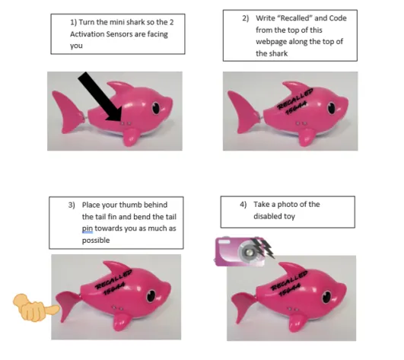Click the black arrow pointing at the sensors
[x=100, y=97]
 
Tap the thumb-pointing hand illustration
[x=36, y=307]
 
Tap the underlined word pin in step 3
[x=87, y=229]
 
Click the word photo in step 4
[x=287, y=205]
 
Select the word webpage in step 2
[x=271, y=42]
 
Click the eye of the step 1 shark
[x=156, y=108]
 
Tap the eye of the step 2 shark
[x=332, y=108]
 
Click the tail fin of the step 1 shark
[x=68, y=111]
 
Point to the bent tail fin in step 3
[x=68, y=304]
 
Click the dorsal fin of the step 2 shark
[x=296, y=87]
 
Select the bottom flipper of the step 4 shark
[x=297, y=323]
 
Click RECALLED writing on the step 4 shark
[x=289, y=280]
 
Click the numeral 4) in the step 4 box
[x=243, y=205]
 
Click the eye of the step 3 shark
[x=151, y=296]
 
